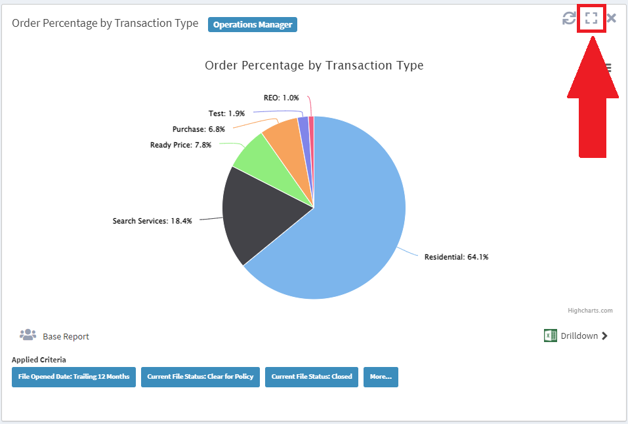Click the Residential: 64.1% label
click(456, 257)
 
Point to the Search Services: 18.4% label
click(152, 221)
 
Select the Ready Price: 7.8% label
click(180, 145)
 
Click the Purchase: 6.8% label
click(198, 129)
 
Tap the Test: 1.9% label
click(226, 113)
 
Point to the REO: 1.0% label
click(281, 98)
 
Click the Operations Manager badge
click(253, 25)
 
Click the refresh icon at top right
click(569, 18)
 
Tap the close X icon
click(612, 18)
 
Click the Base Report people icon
click(28, 336)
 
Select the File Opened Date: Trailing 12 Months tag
click(73, 377)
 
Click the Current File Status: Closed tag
click(312, 377)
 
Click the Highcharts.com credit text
click(591, 311)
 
